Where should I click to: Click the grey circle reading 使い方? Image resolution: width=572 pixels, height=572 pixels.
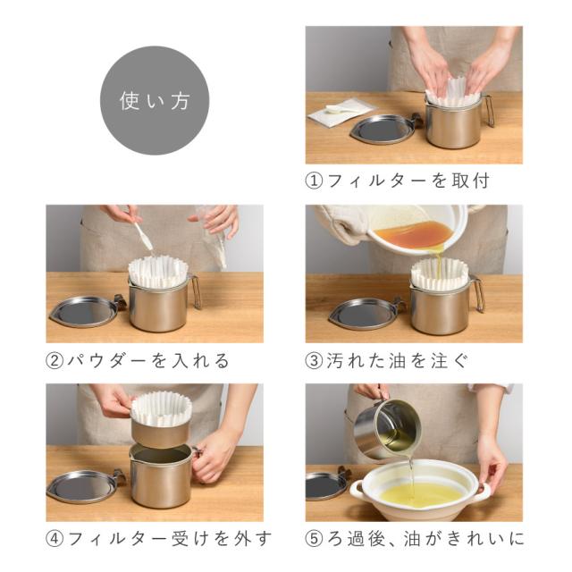click(x=155, y=100)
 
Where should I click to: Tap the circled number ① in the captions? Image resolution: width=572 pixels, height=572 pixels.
click(x=314, y=181)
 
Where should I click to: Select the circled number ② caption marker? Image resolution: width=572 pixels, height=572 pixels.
click(x=55, y=360)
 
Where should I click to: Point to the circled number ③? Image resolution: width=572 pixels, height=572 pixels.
click(x=314, y=360)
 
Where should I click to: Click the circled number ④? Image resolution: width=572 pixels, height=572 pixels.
click(x=55, y=539)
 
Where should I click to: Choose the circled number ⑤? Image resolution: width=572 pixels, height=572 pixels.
click(x=314, y=539)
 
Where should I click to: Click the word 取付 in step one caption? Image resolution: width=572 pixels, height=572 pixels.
click(x=471, y=181)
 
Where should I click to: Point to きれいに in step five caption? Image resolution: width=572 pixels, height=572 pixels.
click(x=486, y=539)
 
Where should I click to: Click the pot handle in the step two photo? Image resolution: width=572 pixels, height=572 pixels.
click(x=196, y=292)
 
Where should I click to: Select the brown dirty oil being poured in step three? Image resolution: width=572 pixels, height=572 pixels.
click(x=414, y=232)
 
